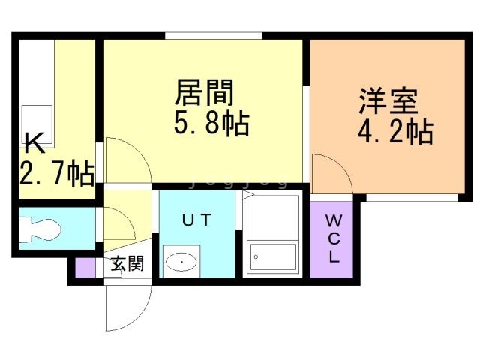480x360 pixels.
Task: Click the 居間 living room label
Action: coord(205,92)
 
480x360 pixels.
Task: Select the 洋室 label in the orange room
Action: coord(388,101)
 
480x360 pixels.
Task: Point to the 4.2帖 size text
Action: coord(395,131)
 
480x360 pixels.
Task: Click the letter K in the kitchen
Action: coord(34,143)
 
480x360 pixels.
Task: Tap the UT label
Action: coord(196,220)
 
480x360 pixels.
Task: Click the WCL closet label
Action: coord(333,238)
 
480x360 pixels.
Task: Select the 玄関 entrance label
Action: coord(127,263)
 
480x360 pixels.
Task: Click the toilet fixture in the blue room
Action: coord(40,229)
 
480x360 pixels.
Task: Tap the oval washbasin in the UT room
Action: coord(181,262)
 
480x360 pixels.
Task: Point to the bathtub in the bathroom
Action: coord(273,256)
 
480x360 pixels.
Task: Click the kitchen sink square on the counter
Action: coord(37,127)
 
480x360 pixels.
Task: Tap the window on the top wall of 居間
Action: coord(214,35)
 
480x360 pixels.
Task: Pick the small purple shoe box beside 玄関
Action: coord(85,268)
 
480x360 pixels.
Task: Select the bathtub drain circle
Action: coord(256,256)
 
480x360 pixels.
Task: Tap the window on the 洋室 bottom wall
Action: coord(412,198)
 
